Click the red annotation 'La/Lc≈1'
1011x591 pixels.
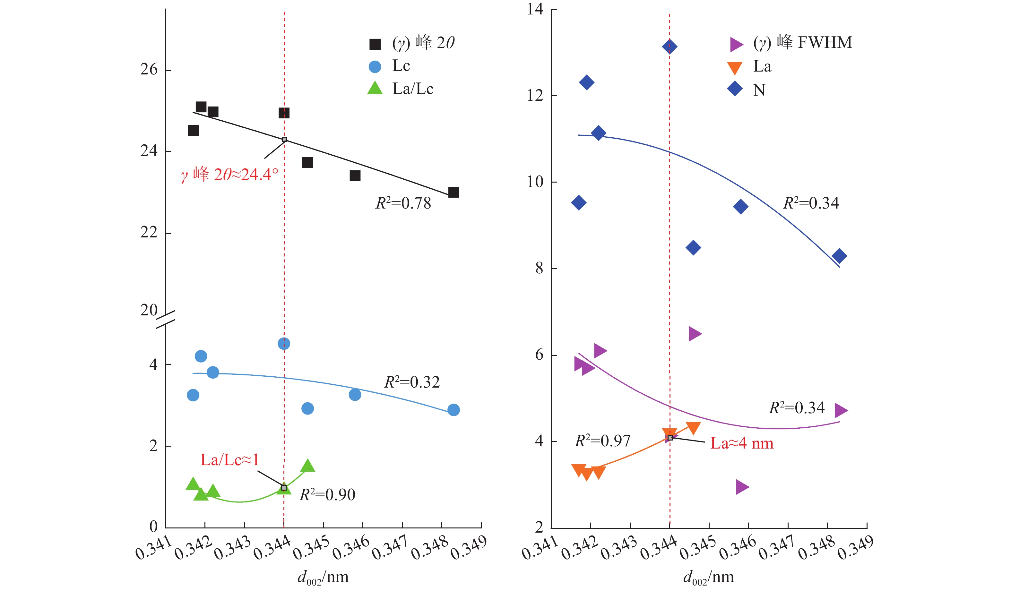229,460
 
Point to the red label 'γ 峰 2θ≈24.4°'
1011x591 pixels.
229,175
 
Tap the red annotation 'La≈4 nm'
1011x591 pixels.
741,443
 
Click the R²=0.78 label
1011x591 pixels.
403,203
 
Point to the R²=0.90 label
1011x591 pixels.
327,495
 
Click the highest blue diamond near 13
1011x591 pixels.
669,47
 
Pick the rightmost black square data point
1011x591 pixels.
453,193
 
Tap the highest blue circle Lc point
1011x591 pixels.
284,344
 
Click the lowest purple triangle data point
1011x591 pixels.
742,487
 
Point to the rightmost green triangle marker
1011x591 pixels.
307,466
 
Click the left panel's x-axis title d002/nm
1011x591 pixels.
323,578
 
